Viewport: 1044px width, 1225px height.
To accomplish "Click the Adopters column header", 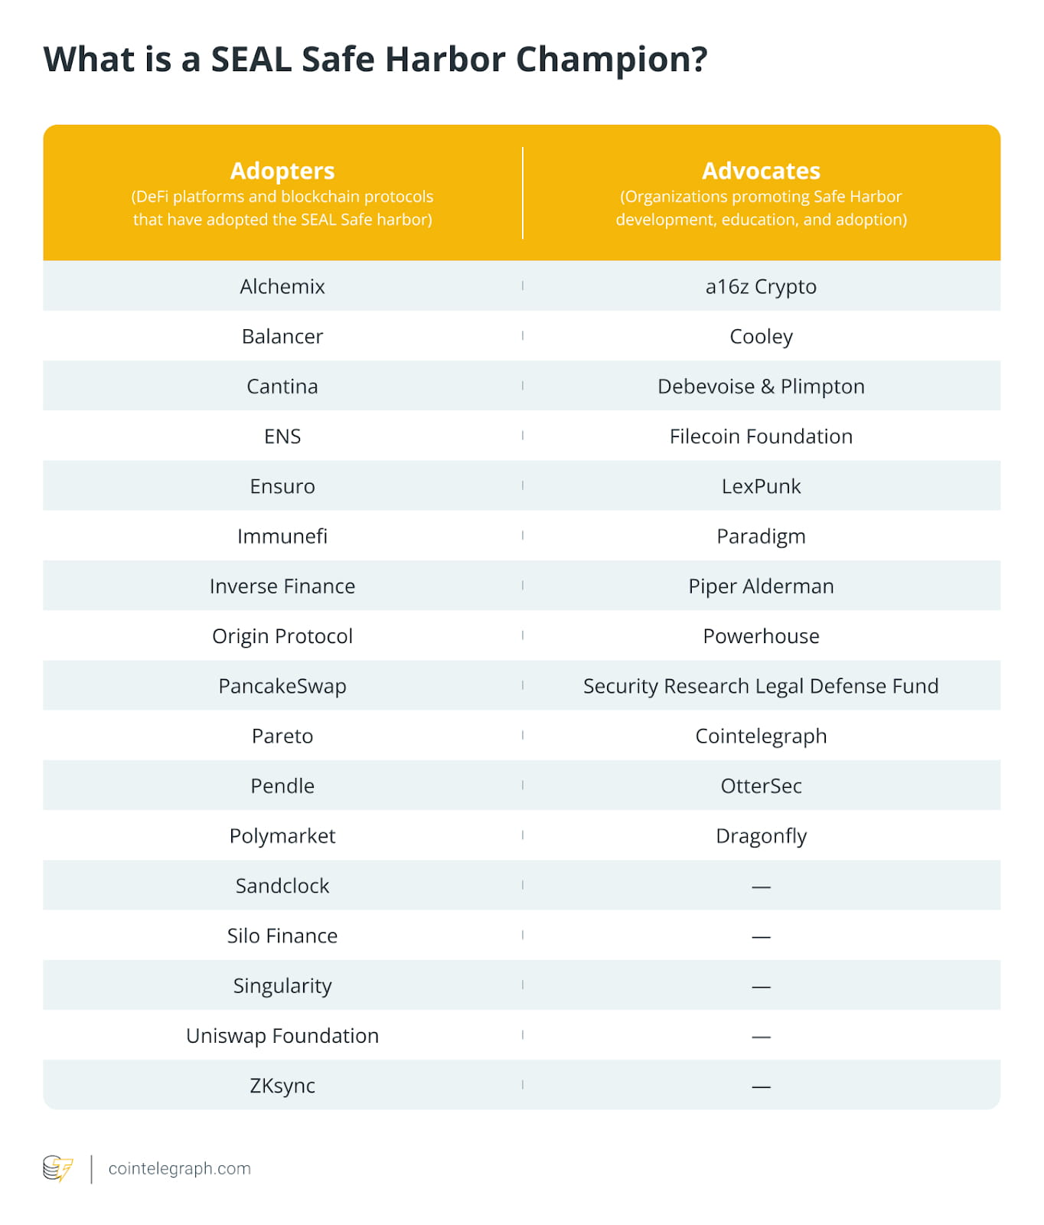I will (x=282, y=171).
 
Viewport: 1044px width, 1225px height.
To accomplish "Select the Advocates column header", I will (x=761, y=171).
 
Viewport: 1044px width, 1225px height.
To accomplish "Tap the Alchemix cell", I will (x=282, y=286).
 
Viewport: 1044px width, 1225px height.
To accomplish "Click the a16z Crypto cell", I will (x=761, y=286).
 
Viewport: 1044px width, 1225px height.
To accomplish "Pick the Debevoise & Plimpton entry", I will (x=761, y=387).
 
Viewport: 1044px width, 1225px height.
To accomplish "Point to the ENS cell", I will (x=282, y=436).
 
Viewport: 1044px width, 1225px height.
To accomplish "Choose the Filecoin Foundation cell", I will (x=761, y=436).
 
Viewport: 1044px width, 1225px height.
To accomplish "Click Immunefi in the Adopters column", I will (x=282, y=536).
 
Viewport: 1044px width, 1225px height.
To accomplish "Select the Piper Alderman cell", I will (x=761, y=586).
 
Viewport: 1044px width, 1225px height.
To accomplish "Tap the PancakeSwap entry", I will (x=282, y=686).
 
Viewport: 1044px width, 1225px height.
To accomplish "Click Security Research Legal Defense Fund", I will (x=761, y=686).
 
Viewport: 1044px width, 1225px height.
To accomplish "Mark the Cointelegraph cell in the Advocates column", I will (x=761, y=736).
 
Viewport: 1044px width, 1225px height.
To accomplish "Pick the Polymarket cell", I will (x=282, y=836).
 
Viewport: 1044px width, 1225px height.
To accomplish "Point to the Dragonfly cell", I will (x=761, y=836).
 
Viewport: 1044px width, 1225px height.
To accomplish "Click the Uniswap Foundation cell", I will (x=282, y=1036).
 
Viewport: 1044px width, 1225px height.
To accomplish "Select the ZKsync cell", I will (x=282, y=1086).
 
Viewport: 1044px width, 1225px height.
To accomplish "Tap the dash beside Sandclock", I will (x=761, y=887).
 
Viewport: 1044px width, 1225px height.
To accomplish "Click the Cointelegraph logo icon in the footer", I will (x=58, y=1169).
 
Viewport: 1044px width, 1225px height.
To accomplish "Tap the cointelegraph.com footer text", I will (x=180, y=1169).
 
